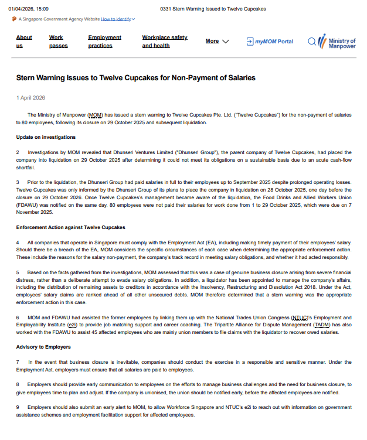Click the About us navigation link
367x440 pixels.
[x=24, y=41]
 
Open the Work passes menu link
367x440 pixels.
[x=58, y=41]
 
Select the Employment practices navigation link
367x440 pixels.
[x=104, y=41]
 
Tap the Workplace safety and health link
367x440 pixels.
[x=164, y=41]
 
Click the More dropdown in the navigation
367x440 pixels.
[x=217, y=41]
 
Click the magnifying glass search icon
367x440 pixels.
[x=312, y=41]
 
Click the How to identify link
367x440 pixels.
[x=116, y=19]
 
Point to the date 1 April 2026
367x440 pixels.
[x=30, y=98]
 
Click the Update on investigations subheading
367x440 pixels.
[x=46, y=137]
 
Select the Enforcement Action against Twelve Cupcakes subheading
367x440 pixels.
[x=70, y=227]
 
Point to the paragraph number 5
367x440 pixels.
[x=18, y=272]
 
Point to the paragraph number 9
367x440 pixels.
[x=18, y=407]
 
